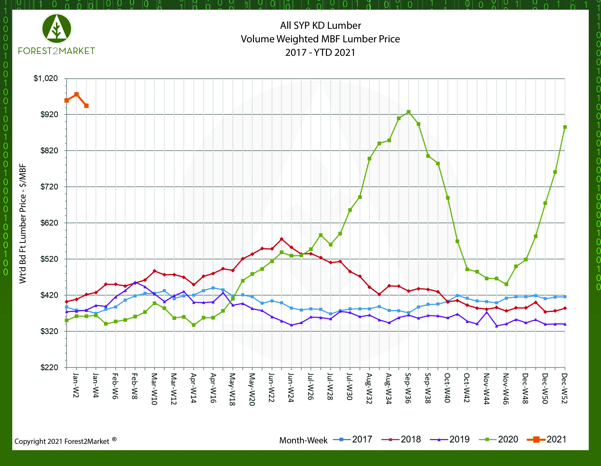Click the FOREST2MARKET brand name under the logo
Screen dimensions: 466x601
tap(56, 51)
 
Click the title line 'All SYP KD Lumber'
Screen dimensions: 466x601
tap(320, 26)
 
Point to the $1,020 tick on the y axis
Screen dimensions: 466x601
tap(46, 79)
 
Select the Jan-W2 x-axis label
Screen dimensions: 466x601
tap(76, 385)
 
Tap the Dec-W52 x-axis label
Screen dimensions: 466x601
tap(564, 388)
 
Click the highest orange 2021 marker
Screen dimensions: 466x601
tap(77, 94)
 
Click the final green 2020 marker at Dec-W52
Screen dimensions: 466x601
tap(565, 127)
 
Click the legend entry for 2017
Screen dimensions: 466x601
tap(353, 439)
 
